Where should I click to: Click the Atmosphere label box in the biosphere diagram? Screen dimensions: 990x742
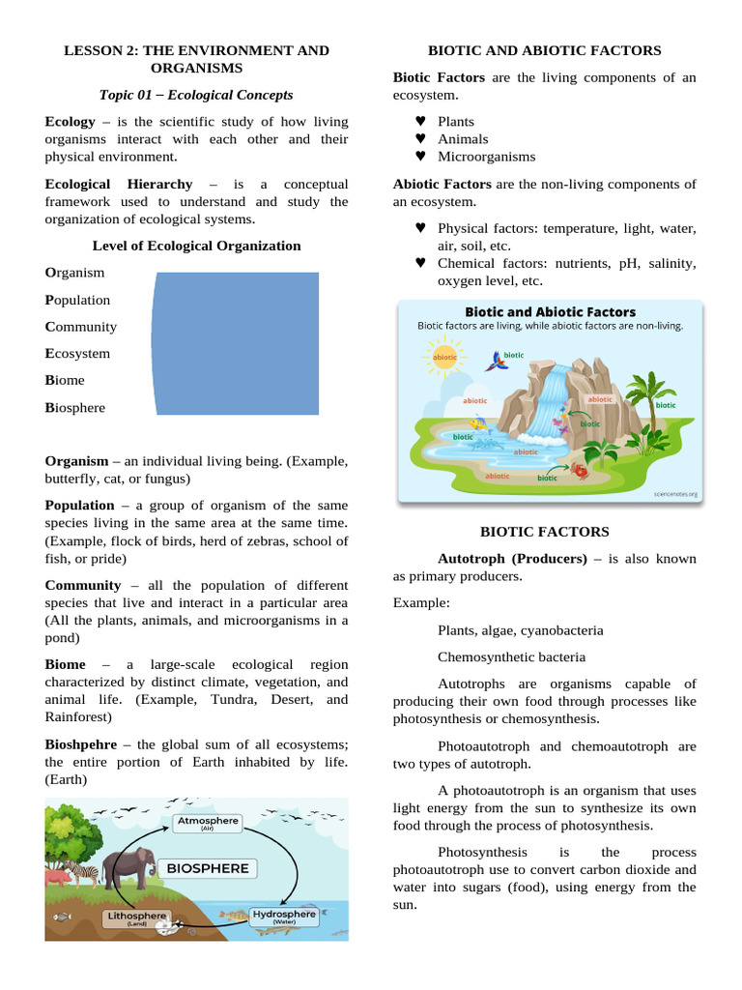point(206,824)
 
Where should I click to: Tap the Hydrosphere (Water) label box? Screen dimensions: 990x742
point(283,917)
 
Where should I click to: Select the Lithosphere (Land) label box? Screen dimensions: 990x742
point(136,918)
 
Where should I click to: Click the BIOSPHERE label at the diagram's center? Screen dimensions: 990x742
point(208,868)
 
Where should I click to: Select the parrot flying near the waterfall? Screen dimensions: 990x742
point(498,362)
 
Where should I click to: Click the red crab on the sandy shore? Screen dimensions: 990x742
point(581,470)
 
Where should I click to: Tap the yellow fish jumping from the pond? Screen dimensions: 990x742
point(476,422)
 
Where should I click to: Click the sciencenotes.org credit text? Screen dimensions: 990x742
point(674,493)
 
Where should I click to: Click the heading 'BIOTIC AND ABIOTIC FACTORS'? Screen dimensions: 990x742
point(544,50)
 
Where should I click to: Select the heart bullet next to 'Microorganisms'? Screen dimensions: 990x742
point(420,157)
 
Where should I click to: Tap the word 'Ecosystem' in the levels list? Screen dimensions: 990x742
point(77,354)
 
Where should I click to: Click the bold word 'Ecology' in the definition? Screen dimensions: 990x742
point(70,122)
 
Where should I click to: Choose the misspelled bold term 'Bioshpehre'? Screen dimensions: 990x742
point(81,744)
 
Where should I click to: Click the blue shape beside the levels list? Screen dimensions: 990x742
point(236,343)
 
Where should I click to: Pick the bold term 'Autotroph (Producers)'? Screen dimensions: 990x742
point(512,559)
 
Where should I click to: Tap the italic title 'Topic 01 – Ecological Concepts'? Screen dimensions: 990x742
point(196,95)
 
